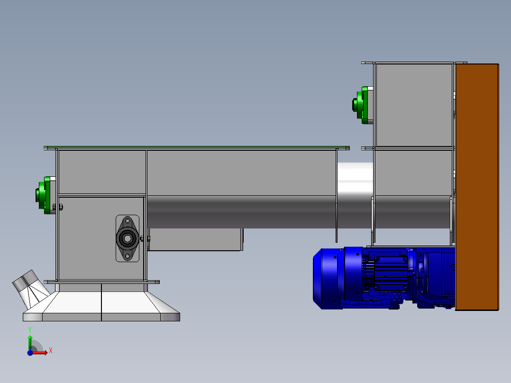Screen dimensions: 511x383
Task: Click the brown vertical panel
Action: pyautogui.click(x=477, y=187)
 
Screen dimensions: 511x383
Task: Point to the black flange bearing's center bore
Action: pyautogui.click(x=128, y=238)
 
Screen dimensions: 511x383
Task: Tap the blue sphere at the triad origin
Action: pyautogui.click(x=30, y=353)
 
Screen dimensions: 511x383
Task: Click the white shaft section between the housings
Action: pyautogui.click(x=355, y=179)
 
